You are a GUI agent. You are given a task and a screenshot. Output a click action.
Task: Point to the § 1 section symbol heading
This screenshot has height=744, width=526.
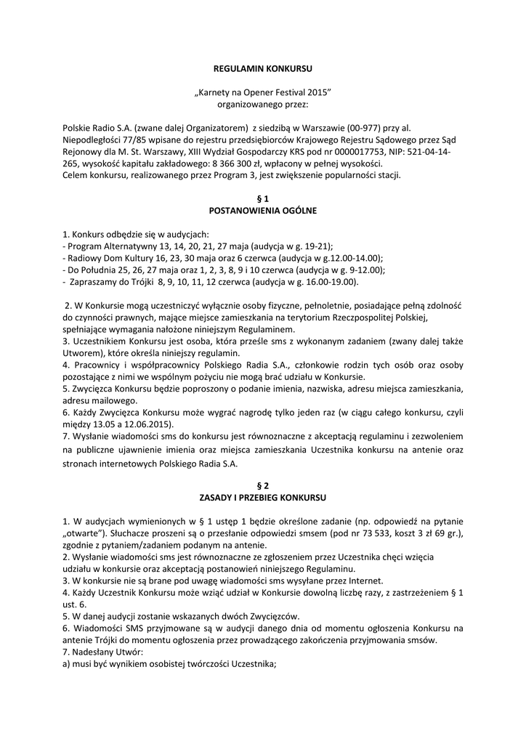(263, 198)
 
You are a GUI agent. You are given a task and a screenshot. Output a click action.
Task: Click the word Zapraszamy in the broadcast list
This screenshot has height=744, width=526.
(94, 280)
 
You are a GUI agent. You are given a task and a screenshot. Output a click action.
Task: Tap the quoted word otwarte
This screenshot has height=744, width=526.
(89, 534)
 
